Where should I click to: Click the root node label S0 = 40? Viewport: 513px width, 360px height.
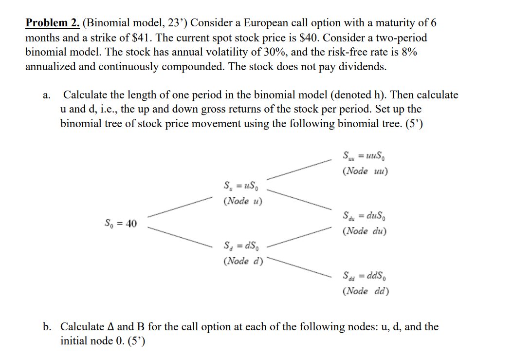(121, 224)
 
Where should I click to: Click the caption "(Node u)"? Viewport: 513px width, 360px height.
(242, 201)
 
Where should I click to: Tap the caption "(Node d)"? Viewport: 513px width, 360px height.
(242, 261)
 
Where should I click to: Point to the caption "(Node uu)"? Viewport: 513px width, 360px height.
(366, 171)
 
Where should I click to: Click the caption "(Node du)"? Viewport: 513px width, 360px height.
(365, 231)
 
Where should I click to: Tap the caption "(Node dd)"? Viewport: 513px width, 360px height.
(366, 292)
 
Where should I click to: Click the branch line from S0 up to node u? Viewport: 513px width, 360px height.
(180, 207)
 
